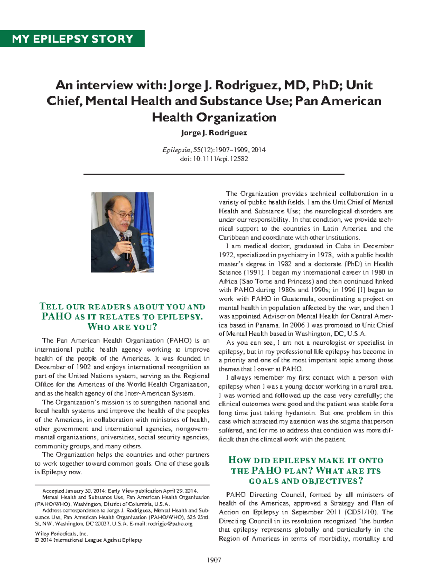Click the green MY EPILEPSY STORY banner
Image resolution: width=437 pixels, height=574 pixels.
[x=72, y=39]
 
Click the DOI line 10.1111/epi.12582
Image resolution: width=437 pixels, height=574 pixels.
[x=214, y=159]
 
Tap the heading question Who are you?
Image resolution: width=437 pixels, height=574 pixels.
[x=122, y=327]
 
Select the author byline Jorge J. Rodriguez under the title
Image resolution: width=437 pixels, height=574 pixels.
[x=214, y=133]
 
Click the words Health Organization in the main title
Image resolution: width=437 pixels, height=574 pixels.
[x=214, y=117]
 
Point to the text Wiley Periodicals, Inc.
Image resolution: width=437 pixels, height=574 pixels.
[x=61, y=534]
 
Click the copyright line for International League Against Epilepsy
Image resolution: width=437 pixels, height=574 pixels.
[x=88, y=540]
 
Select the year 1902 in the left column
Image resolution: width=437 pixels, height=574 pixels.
[x=80, y=367]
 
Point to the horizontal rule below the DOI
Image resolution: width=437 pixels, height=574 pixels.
[x=214, y=174]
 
